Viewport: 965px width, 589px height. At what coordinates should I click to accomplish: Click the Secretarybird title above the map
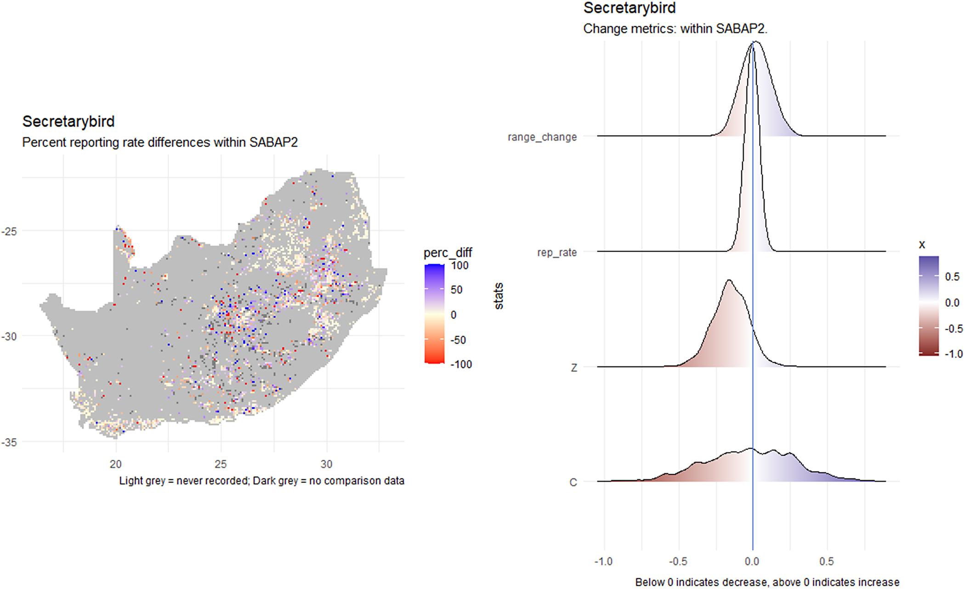68,122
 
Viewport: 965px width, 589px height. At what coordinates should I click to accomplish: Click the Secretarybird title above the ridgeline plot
629,8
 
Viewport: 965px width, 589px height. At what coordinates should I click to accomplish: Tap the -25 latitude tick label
9,231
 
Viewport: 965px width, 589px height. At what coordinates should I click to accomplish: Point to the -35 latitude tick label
9,442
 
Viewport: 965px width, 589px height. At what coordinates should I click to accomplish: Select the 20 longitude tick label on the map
115,464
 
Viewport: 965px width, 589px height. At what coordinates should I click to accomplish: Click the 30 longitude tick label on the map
326,464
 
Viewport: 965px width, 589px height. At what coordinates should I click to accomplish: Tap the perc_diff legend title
448,252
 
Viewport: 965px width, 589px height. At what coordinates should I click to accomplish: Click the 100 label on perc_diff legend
459,266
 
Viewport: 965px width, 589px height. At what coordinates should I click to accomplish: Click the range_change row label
542,137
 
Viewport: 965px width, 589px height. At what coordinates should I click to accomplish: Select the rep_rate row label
556,252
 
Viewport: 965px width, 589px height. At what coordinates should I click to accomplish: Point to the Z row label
573,368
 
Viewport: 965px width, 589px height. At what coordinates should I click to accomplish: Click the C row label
573,482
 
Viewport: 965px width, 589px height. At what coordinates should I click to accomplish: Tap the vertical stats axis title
499,296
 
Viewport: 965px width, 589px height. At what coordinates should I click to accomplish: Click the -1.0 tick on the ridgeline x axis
603,561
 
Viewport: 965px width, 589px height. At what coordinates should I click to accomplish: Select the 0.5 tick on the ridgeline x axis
826,561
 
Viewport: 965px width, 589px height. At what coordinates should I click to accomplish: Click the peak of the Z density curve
729,280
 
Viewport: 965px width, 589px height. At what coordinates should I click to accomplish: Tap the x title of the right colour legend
922,245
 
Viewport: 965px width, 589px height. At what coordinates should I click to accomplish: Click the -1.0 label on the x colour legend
953,354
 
